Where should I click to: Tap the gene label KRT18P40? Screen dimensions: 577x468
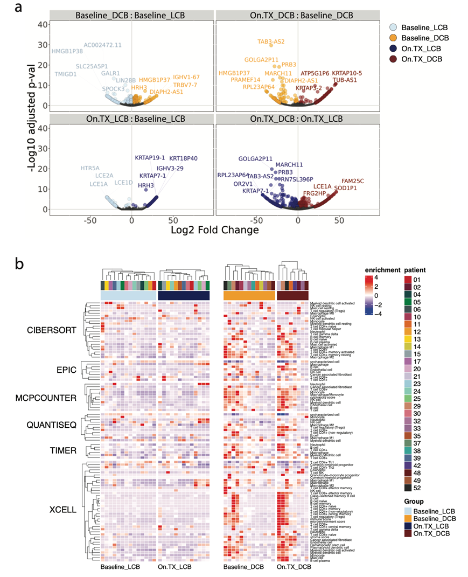point(183,158)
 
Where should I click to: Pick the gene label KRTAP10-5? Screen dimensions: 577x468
point(347,73)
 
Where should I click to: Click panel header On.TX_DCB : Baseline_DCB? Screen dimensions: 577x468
point(298,16)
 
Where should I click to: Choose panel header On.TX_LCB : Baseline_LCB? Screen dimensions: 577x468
point(131,119)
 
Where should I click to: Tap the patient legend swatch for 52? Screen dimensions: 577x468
point(409,472)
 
